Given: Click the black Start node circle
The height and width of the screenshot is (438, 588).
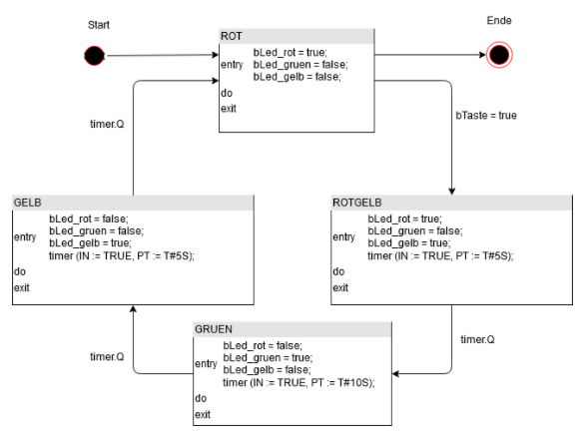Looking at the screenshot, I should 93,56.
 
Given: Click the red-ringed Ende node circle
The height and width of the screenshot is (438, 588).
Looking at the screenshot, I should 497,55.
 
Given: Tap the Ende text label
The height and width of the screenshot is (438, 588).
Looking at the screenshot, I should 499,20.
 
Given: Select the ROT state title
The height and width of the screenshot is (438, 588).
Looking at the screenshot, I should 231,37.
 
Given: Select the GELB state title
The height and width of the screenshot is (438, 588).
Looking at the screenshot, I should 28,202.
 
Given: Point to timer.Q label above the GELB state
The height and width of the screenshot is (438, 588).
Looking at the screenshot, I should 107,125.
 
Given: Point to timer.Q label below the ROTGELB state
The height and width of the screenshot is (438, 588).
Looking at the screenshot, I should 476,339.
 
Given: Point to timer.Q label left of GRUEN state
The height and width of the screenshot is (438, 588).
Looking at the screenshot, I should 107,356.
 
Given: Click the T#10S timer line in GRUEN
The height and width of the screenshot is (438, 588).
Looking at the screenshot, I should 298,383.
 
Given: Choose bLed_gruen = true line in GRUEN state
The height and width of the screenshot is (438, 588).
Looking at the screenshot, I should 268,357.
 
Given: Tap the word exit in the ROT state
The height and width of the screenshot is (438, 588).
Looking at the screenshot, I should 229,108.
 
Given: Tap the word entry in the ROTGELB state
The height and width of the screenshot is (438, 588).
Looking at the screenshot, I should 343,237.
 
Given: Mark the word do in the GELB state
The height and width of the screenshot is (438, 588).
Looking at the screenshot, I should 19,271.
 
